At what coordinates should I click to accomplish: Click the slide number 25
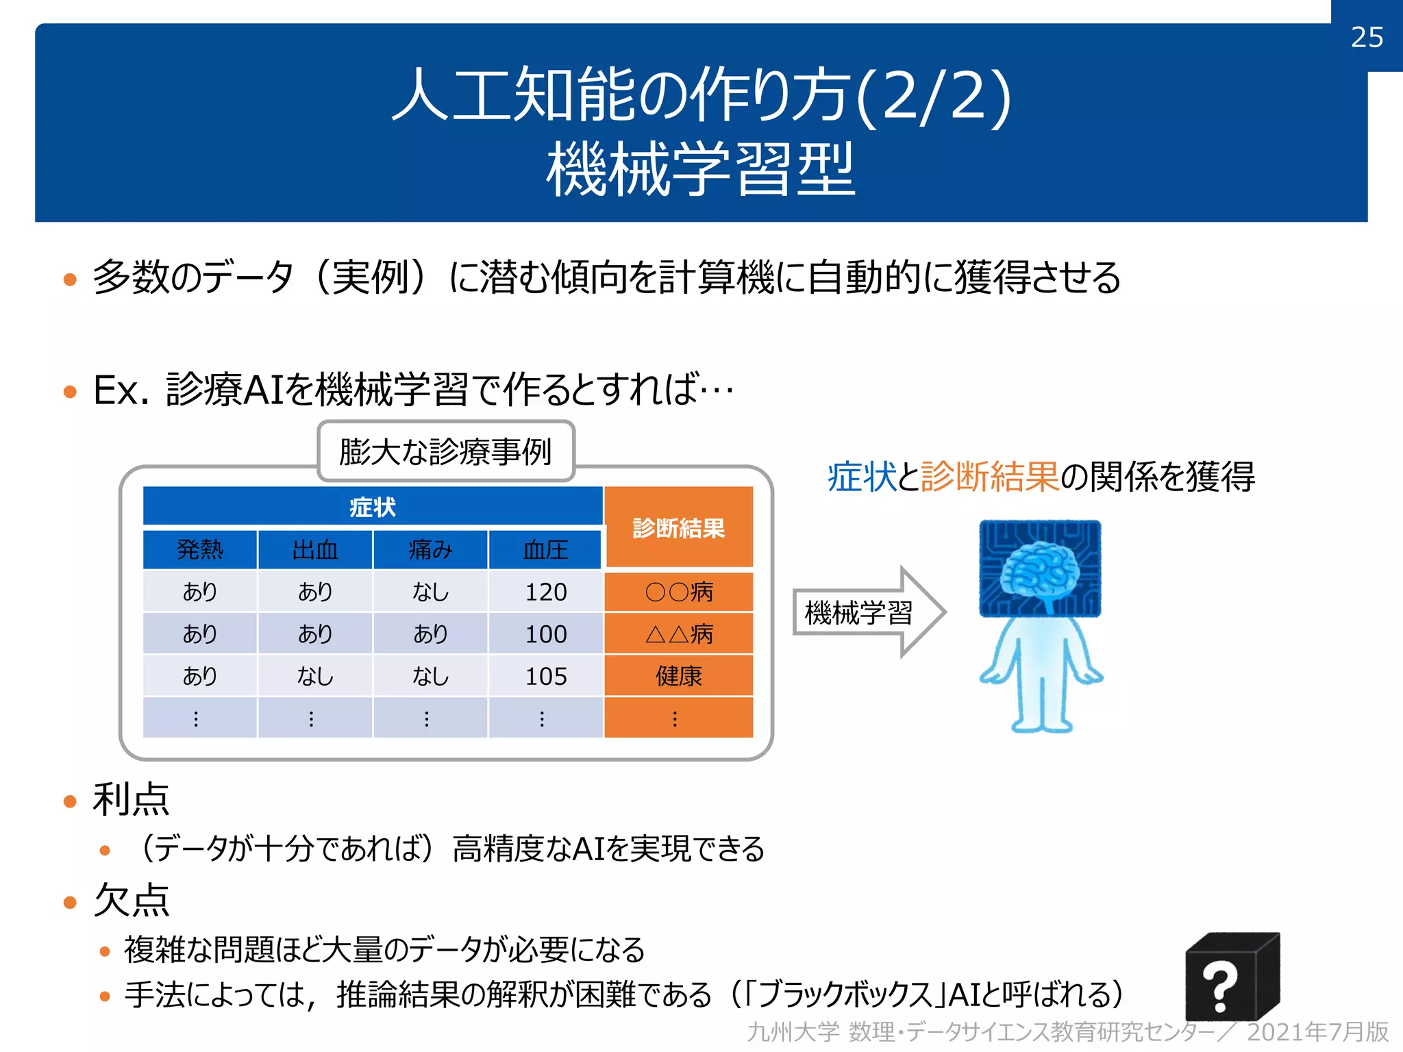1367,37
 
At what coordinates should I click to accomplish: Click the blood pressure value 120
546,592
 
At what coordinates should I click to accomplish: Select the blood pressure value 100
546,634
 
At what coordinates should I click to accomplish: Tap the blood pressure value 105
546,677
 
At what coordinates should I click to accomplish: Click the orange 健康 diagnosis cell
679,677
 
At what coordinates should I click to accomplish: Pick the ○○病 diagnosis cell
679,592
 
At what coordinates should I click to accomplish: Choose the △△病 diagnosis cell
679,634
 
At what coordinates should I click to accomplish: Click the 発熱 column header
199,549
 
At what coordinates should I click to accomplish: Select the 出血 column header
315,549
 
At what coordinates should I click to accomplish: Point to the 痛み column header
430,549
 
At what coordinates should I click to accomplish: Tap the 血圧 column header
545,549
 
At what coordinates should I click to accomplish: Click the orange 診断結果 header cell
679,528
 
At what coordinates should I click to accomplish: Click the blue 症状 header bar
373,507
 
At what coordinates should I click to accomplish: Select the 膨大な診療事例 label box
446,452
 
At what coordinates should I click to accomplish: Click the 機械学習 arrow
867,612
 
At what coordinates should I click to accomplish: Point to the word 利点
131,800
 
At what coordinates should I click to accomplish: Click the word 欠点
131,900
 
